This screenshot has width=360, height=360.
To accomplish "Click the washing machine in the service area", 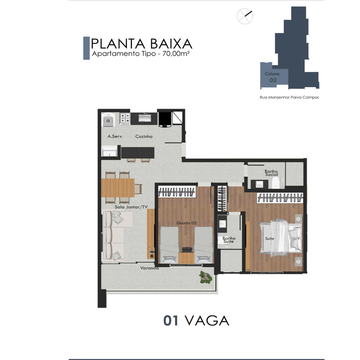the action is click(x=109, y=120).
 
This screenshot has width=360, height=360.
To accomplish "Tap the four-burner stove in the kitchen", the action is click(x=125, y=118).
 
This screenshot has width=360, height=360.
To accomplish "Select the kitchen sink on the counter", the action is click(x=144, y=118).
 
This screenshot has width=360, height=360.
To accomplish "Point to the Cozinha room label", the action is click(x=144, y=136).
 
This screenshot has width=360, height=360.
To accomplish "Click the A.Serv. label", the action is click(x=115, y=136).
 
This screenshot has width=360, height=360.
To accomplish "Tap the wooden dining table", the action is click(x=118, y=188).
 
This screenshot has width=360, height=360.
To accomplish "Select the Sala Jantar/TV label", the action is click(x=131, y=207).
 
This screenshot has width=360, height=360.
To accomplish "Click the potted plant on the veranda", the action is click(x=206, y=277).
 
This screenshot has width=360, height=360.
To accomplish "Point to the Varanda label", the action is click(x=149, y=268).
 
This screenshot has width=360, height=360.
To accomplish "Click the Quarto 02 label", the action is click(x=186, y=223).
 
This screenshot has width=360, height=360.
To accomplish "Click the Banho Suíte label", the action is click(x=229, y=240).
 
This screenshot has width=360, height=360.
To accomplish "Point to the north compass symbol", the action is click(x=245, y=16).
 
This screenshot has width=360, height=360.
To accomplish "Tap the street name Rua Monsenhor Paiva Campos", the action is click(x=289, y=97).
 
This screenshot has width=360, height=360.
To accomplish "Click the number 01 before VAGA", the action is click(x=171, y=320).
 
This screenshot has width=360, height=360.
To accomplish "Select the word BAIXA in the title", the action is click(x=171, y=44).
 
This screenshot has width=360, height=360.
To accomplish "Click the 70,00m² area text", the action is click(x=176, y=54).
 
